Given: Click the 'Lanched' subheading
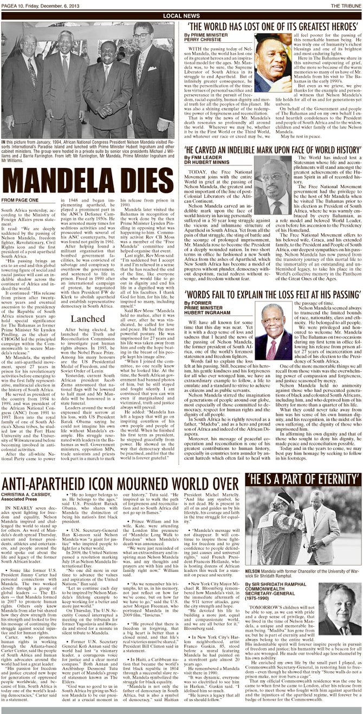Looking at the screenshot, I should pos(87,319).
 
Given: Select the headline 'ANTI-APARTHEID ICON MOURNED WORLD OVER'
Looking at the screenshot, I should pos(120,484).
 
